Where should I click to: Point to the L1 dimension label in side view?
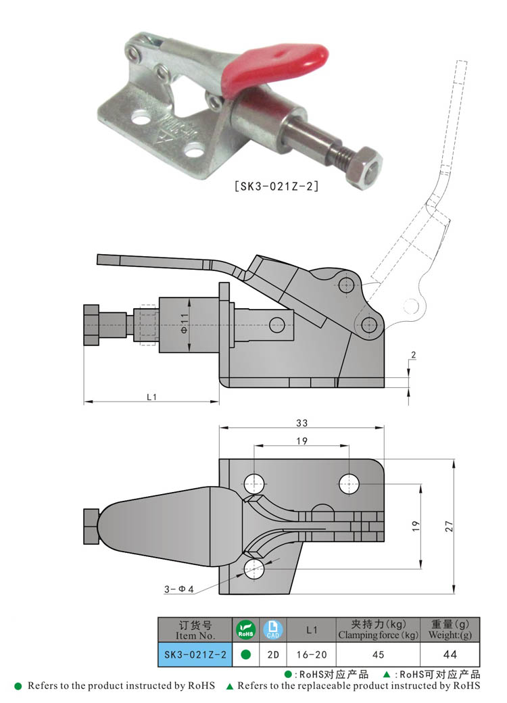tap(151, 397)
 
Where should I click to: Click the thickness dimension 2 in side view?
tap(413, 354)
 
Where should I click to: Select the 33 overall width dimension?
tap(301, 423)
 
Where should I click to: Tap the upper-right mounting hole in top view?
tap(349, 483)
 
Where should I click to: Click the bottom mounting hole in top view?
tap(254, 568)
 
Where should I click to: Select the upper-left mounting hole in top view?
tap(254, 483)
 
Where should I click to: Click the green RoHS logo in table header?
tap(245, 630)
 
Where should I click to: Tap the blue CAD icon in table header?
tap(272, 630)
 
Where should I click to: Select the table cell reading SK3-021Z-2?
tap(195, 654)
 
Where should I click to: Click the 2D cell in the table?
tap(272, 654)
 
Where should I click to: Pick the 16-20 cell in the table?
tap(312, 654)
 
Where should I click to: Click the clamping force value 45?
tap(378, 654)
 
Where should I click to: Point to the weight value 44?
tap(450, 654)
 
